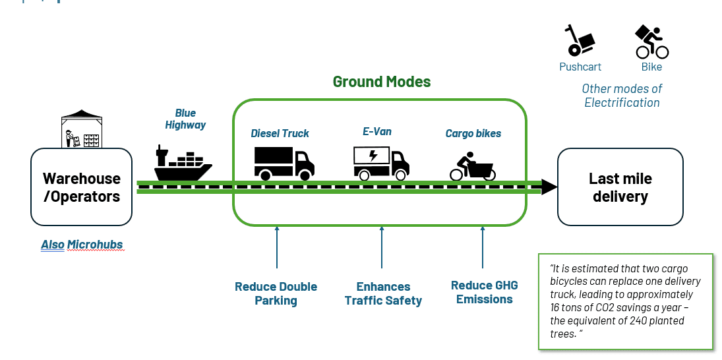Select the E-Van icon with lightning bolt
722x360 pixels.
click(381, 162)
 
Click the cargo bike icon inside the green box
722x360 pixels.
click(473, 166)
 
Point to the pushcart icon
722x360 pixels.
click(578, 41)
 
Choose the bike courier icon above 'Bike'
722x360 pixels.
click(651, 42)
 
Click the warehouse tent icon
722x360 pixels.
click(82, 129)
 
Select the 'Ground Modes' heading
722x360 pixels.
click(381, 82)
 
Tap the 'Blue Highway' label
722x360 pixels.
click(185, 119)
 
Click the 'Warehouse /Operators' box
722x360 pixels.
click(82, 187)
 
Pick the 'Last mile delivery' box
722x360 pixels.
click(620, 187)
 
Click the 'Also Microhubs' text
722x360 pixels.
click(82, 245)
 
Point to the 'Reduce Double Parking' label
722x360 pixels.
click(276, 293)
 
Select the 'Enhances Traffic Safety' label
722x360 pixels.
click(383, 293)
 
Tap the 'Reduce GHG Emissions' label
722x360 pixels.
click(484, 292)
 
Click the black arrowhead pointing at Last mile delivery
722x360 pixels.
click(549, 187)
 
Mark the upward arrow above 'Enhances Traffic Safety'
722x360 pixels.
click(382, 251)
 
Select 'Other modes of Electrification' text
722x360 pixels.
click(622, 96)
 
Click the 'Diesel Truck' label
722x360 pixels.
click(280, 133)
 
